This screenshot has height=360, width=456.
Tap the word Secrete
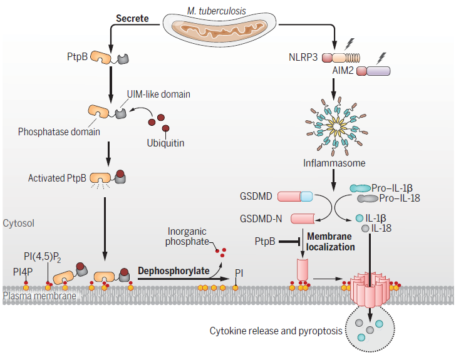pos(132,18)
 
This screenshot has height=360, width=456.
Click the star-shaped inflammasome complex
pos(333,122)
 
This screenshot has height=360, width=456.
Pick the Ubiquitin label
pos(166,143)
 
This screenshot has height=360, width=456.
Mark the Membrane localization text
pos(331,240)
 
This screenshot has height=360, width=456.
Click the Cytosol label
pos(19,223)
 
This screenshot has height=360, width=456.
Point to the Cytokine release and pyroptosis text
pos(276,331)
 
